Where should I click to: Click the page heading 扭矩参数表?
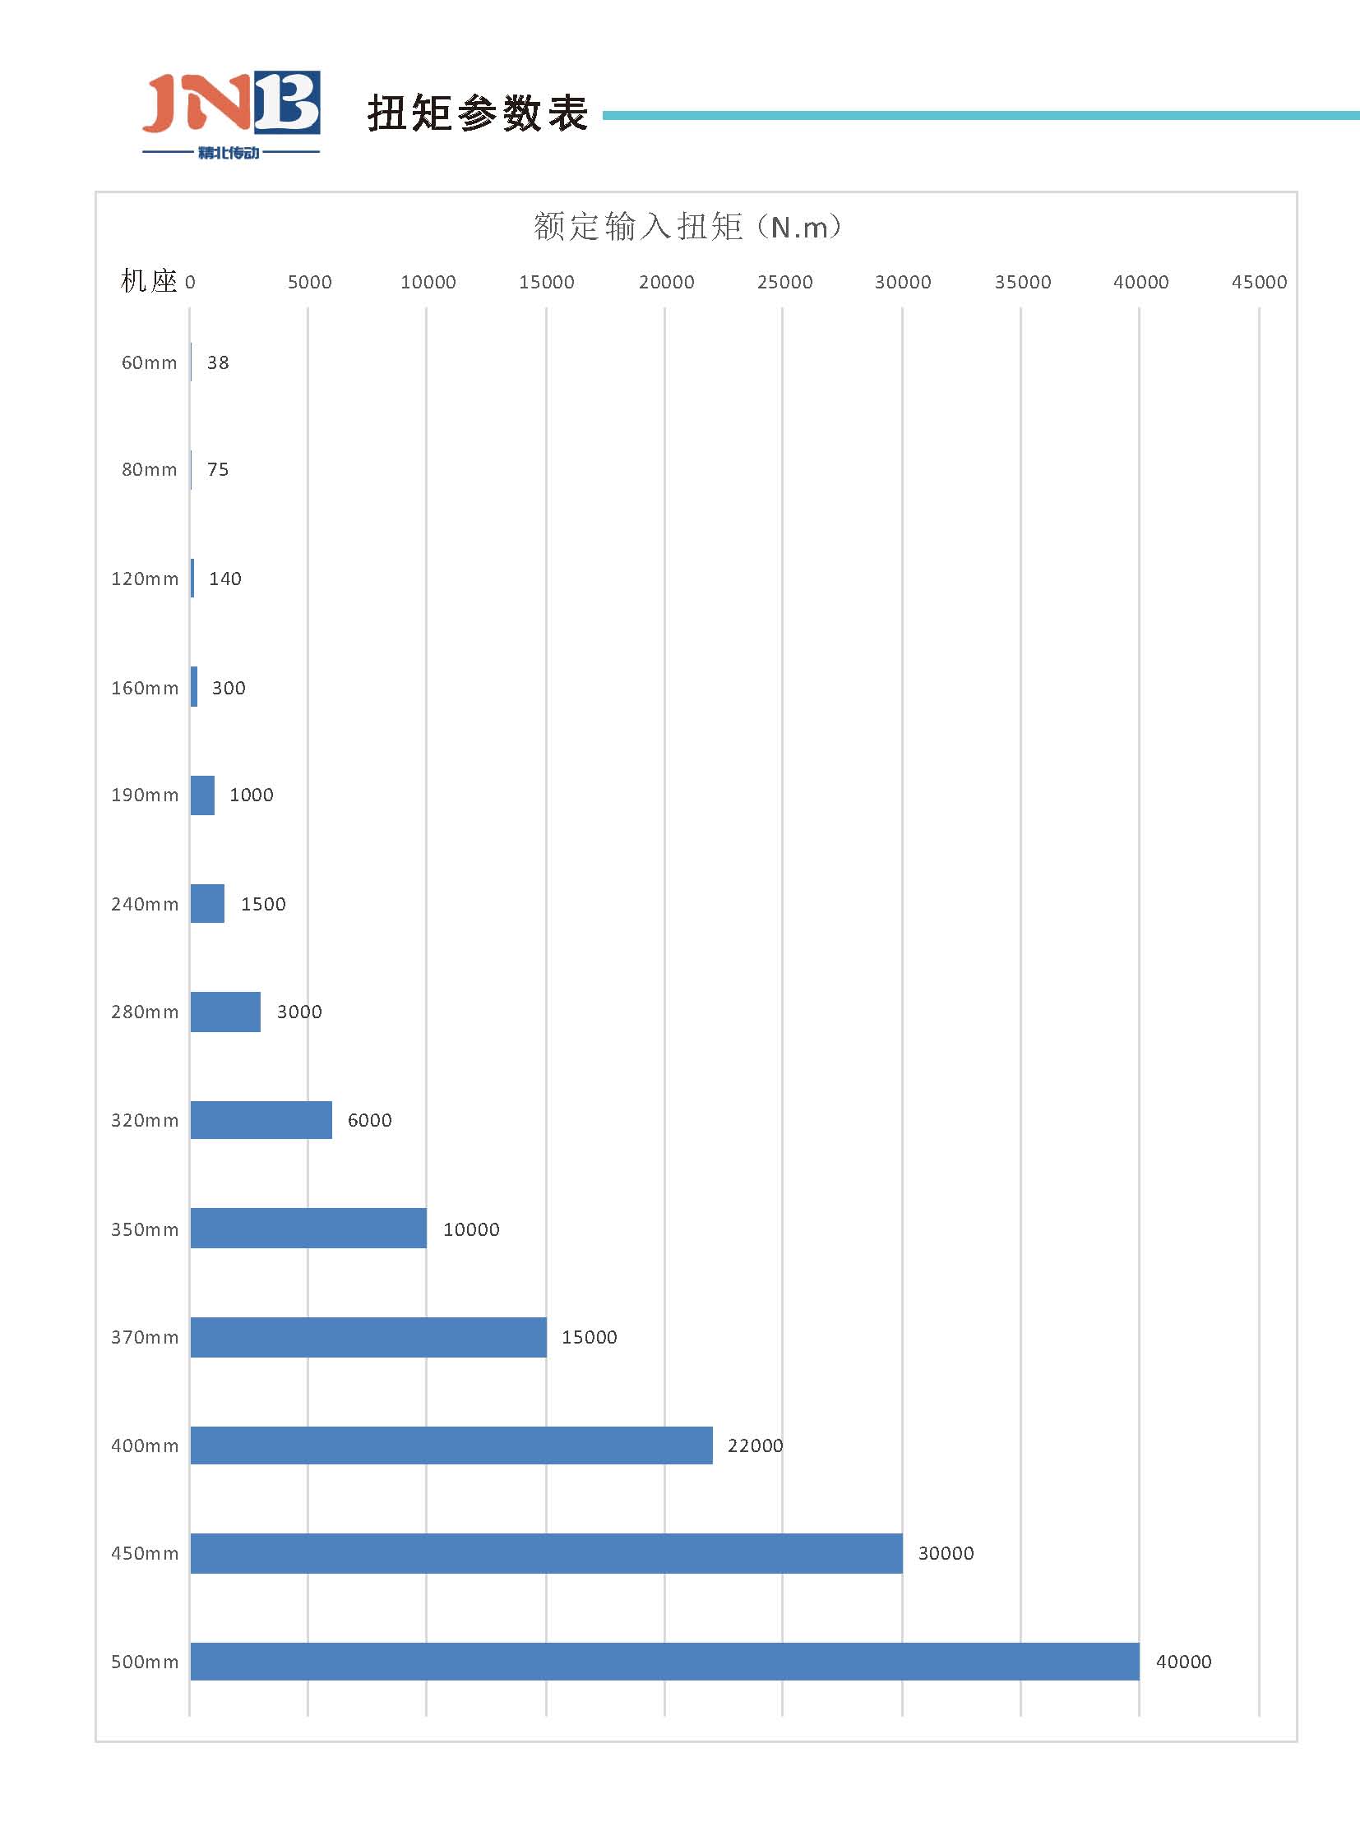point(477,113)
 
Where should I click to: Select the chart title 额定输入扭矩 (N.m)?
point(687,226)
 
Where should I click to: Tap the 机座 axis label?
point(148,281)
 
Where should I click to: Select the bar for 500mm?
point(664,1662)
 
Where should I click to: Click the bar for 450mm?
point(546,1553)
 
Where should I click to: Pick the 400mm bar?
point(451,1445)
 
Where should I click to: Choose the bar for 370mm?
point(368,1337)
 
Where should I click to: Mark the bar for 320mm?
point(261,1120)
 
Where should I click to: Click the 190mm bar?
point(202,795)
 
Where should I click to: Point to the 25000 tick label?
point(784,282)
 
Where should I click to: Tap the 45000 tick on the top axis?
point(1259,282)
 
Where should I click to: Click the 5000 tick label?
point(309,282)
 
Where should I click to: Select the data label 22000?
point(755,1445)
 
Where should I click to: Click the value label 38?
point(218,363)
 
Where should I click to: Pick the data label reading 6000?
point(370,1120)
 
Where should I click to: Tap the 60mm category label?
point(149,363)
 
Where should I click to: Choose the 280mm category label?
point(145,1012)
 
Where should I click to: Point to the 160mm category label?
point(145,688)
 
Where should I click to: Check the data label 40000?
point(1183,1662)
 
